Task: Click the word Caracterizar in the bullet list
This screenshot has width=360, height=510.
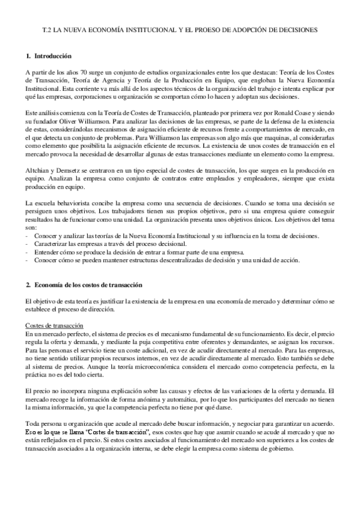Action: pos(50,245)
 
